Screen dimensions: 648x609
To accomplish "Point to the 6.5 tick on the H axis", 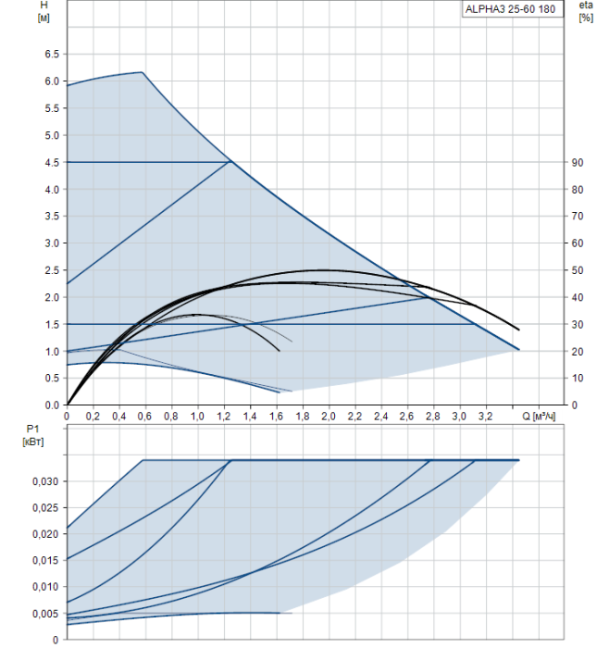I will click(x=51, y=55).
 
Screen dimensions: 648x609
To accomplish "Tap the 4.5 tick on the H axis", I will click(x=51, y=162).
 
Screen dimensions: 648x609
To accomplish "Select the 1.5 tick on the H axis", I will click(x=51, y=325).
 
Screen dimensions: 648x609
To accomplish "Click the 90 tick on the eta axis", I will click(x=577, y=162).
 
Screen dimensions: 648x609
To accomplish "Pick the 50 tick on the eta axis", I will click(x=577, y=270).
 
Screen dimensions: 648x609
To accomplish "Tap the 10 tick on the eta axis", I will click(x=577, y=379).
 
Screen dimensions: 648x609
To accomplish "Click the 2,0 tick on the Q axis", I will click(x=329, y=417).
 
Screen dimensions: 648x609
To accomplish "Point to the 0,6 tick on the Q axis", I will click(x=145, y=417).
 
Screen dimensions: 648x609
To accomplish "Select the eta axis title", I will click(x=585, y=6).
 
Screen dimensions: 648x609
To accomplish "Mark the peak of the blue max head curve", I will click(x=142, y=72).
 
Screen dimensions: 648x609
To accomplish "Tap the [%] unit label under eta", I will click(x=585, y=19).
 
